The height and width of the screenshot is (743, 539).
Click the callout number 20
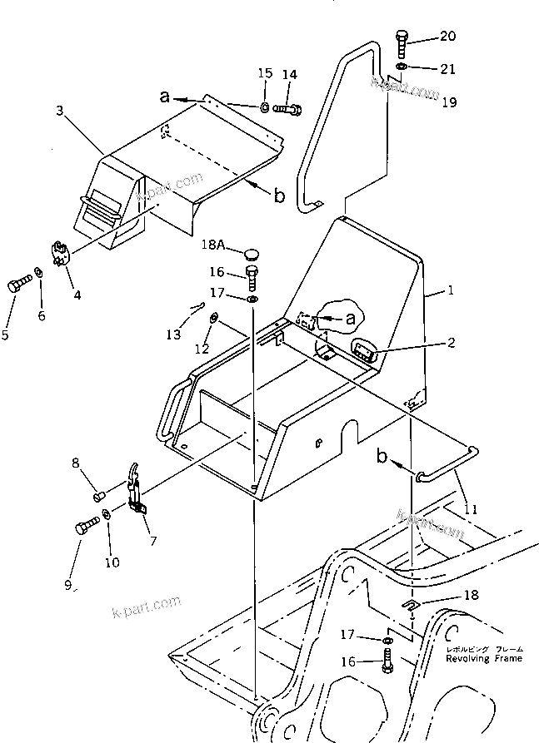pyautogui.click(x=448, y=36)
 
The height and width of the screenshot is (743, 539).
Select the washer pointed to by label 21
pyautogui.click(x=401, y=66)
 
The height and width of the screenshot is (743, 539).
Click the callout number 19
pyautogui.click(x=448, y=102)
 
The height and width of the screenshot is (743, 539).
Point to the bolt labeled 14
pyautogui.click(x=287, y=108)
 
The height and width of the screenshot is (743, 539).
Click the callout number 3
pyautogui.click(x=59, y=111)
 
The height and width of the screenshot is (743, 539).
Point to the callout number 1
pyautogui.click(x=451, y=291)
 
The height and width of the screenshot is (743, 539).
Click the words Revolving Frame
pyautogui.click(x=472, y=658)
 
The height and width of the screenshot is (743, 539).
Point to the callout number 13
pyautogui.click(x=173, y=334)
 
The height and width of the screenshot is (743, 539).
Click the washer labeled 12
pyautogui.click(x=214, y=317)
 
